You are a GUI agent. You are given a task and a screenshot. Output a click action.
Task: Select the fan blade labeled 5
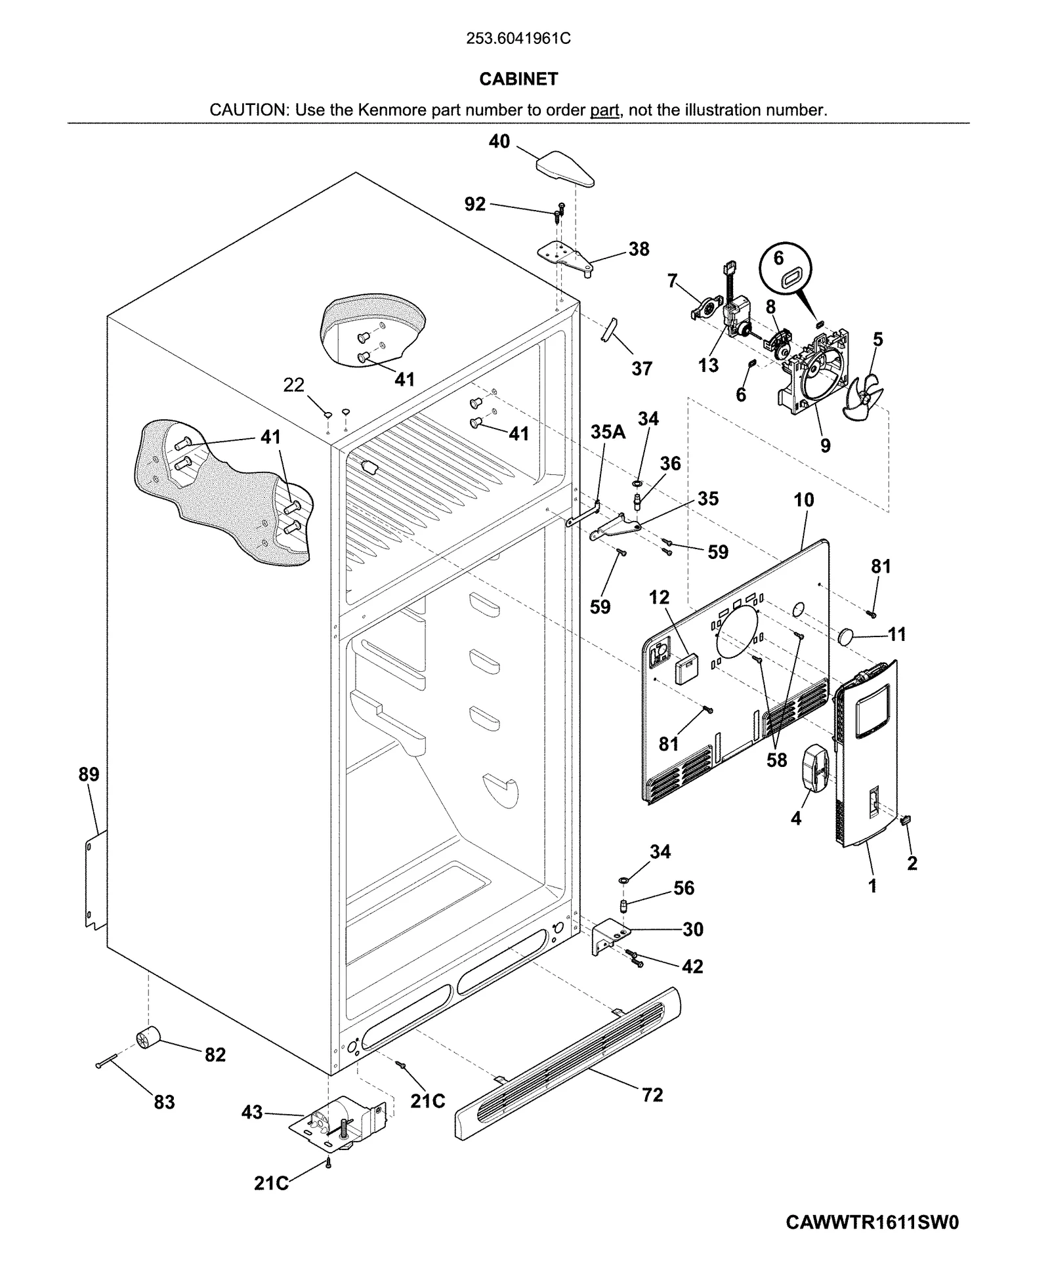864,396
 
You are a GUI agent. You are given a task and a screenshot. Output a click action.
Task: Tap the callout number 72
652,1094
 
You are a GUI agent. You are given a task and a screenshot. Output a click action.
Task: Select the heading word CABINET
518,79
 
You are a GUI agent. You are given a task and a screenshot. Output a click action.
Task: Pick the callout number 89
89,774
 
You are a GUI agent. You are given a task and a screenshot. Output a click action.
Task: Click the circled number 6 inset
786,269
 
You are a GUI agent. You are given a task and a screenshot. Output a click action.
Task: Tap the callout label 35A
608,432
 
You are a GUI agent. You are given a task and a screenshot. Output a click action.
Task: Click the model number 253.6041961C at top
518,39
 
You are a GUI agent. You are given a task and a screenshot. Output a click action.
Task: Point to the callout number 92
475,204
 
